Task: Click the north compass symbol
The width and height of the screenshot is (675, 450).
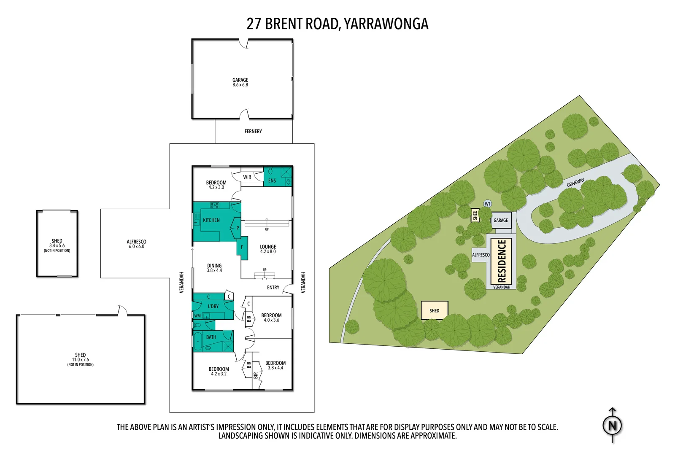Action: (612, 425)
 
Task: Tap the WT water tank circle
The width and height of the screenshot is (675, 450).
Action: (487, 204)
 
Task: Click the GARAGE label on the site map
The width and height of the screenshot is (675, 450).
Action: (501, 220)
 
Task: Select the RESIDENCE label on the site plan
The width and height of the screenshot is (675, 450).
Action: (502, 261)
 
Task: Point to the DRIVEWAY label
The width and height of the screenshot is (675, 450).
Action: (575, 183)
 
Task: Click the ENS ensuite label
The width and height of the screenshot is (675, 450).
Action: (272, 181)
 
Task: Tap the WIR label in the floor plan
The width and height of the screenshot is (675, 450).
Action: (247, 177)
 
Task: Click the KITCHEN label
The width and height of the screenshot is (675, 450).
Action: (211, 220)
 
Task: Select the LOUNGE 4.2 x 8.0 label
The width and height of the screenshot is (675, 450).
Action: (268, 249)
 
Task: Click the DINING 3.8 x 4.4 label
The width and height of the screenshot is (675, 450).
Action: (214, 268)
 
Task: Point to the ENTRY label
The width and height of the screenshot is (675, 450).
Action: (273, 288)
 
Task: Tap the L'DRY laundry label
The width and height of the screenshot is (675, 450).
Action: (213, 306)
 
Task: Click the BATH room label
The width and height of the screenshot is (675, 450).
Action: (211, 337)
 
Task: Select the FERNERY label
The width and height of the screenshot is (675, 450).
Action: (253, 132)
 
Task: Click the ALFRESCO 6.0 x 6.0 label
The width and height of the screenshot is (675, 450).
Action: (136, 244)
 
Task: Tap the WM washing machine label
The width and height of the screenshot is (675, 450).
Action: (197, 316)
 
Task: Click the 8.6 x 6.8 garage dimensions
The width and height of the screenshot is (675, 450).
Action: (240, 85)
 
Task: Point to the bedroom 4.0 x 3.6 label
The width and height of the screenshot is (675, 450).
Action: (271, 318)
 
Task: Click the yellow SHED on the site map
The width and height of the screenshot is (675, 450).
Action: (435, 310)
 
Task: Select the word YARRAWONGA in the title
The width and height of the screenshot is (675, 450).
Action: (386, 24)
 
